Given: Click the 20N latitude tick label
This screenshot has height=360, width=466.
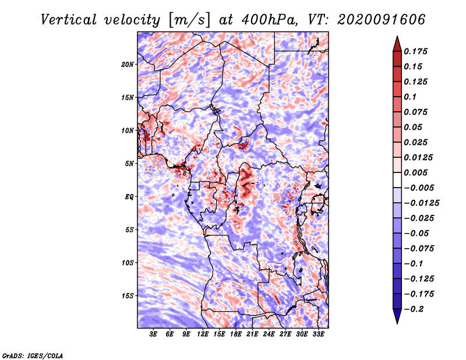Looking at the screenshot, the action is tap(127, 65).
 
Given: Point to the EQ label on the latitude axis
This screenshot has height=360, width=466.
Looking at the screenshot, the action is tap(129, 197).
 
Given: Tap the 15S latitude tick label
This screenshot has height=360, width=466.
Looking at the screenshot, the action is tap(128, 296).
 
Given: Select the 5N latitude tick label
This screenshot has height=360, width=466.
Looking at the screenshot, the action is tap(129, 164).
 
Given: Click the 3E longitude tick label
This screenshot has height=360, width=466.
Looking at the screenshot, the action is tap(153, 334).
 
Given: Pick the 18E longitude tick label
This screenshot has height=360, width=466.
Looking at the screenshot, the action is tap(236, 334).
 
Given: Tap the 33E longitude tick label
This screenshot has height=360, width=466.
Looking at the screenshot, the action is tap(318, 334).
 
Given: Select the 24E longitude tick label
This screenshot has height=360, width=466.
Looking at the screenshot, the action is tap(269, 334).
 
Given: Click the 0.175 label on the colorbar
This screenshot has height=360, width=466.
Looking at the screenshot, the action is tap(415, 51).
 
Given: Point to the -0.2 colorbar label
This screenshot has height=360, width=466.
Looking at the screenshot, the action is tap(414, 309).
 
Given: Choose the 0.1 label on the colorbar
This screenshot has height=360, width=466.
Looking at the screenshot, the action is tap(410, 97).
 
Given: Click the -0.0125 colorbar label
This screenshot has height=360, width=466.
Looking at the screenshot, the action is tap(421, 203).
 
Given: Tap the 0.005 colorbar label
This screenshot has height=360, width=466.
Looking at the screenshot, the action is tap(415, 172).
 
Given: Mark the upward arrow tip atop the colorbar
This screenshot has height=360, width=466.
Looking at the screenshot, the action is tap(397, 36).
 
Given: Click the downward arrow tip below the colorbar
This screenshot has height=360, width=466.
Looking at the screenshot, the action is tap(397, 324).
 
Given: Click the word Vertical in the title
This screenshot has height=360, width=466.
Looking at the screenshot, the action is tap(69, 20).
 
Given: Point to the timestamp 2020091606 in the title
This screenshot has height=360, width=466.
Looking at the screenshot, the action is tap(382, 20).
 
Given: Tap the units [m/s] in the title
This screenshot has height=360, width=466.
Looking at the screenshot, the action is tap(189, 20).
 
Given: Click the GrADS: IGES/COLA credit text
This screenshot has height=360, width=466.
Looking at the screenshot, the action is tap(33, 355).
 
